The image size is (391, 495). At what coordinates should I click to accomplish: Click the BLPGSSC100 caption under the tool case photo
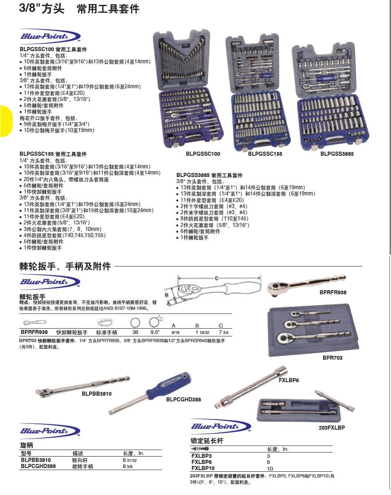[x=203, y=154]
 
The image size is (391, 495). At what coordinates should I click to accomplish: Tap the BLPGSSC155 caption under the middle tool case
[x=265, y=154]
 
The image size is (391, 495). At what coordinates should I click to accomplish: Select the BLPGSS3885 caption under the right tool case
[x=337, y=154]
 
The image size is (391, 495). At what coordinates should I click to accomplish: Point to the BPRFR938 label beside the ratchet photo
[x=333, y=293]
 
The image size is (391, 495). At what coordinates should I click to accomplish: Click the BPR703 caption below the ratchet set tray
[x=333, y=358]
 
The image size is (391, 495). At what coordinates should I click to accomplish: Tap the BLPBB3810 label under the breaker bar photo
[x=97, y=394]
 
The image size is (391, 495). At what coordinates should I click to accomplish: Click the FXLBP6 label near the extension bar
[x=289, y=381]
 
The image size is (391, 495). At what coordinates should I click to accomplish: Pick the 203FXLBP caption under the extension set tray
[x=332, y=428]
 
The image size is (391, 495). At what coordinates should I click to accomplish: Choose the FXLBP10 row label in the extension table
[x=203, y=468]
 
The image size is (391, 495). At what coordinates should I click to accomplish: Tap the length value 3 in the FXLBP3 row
[x=268, y=456]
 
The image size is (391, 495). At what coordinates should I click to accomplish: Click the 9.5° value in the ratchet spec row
[x=155, y=332]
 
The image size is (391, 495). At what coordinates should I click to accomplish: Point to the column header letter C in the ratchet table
[x=221, y=326]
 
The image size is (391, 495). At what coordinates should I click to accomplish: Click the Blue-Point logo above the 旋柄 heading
[x=50, y=431]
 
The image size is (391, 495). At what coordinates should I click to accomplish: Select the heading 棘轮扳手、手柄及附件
[x=65, y=267]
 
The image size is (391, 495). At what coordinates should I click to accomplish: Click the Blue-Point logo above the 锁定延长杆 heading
[x=220, y=426]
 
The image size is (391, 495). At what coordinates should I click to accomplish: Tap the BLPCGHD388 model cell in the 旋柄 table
[x=38, y=466]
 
